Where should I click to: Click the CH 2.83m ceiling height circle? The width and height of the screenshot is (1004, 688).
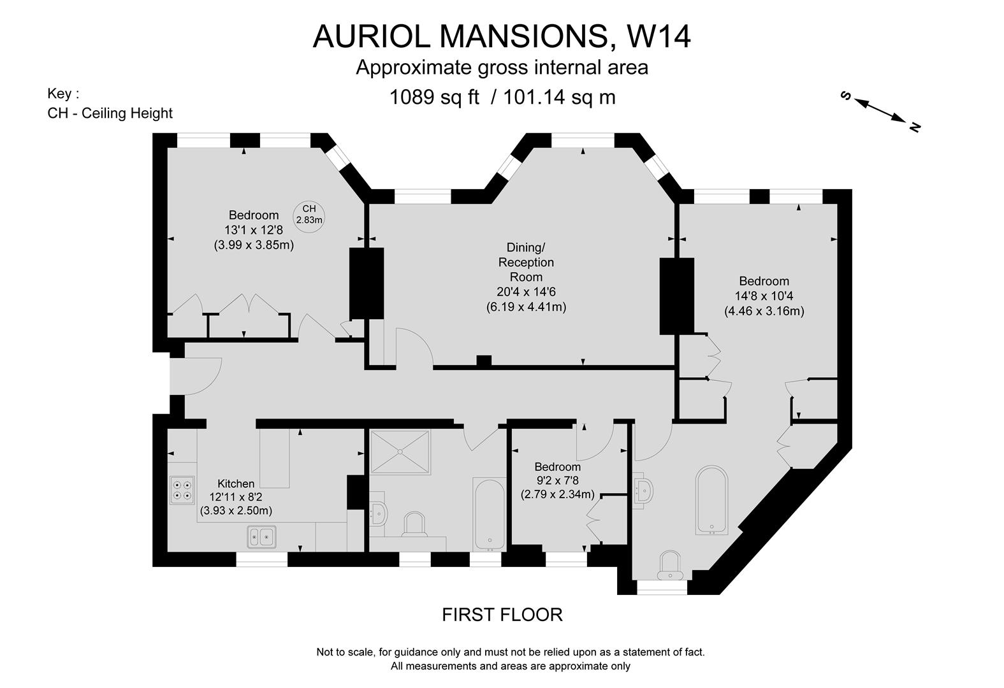pos(309,214)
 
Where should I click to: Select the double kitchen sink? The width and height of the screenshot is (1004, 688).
pos(261,537)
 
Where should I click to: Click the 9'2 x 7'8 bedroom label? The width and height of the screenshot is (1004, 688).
pos(557,480)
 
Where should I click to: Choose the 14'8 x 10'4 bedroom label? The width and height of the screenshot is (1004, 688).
pos(764,296)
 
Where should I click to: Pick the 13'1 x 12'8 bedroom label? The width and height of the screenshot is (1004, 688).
pos(254,229)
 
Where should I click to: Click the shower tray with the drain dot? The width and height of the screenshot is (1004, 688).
pos(400,452)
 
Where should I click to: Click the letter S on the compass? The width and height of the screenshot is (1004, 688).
pos(847,96)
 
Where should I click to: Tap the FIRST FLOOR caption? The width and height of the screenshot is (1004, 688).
pos(502,615)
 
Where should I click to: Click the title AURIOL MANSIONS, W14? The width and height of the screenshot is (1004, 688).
pos(502,36)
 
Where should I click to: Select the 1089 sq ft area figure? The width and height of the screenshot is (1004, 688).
pos(434,97)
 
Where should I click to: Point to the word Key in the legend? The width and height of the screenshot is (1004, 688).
pos(62,94)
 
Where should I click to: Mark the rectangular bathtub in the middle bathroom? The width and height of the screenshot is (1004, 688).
pos(489,513)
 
